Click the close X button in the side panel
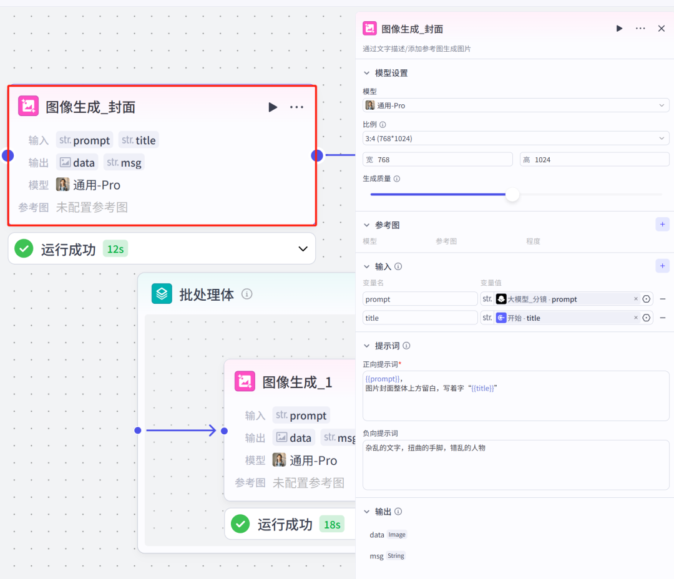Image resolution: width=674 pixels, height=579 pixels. click(x=662, y=29)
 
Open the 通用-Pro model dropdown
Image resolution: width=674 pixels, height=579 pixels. click(x=515, y=105)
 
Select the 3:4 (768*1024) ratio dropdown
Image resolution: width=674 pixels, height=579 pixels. click(x=515, y=138)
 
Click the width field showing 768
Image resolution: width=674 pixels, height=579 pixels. click(x=437, y=160)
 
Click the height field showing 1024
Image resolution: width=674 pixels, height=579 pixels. click(x=594, y=160)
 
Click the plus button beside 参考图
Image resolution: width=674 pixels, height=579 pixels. click(x=662, y=225)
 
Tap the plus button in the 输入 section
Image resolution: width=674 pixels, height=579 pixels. click(x=662, y=266)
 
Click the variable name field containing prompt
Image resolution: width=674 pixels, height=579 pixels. click(x=420, y=299)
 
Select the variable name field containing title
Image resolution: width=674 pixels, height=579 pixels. click(x=420, y=318)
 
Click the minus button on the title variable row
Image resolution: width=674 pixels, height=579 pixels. click(x=663, y=318)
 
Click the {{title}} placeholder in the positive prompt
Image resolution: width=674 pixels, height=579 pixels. click(x=482, y=388)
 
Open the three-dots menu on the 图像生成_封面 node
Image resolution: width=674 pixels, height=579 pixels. click(x=296, y=107)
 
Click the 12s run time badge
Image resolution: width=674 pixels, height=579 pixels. click(x=115, y=250)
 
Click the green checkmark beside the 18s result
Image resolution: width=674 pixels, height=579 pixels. click(x=240, y=524)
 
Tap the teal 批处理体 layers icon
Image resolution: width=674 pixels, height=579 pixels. click(x=162, y=294)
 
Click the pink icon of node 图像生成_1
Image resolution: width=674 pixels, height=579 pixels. click(x=245, y=382)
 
